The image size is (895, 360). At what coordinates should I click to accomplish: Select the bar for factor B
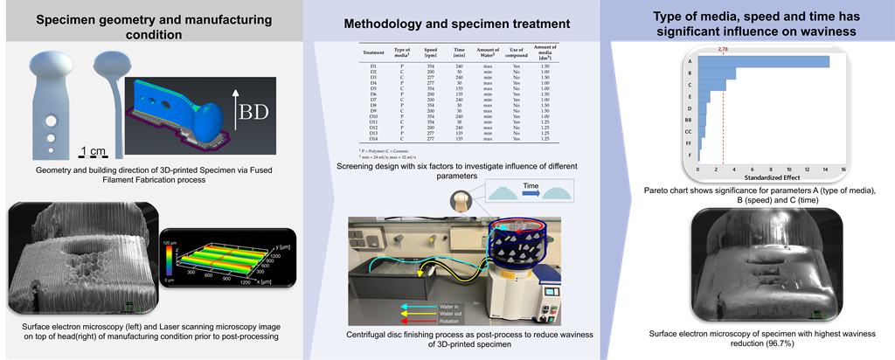[717, 73]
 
